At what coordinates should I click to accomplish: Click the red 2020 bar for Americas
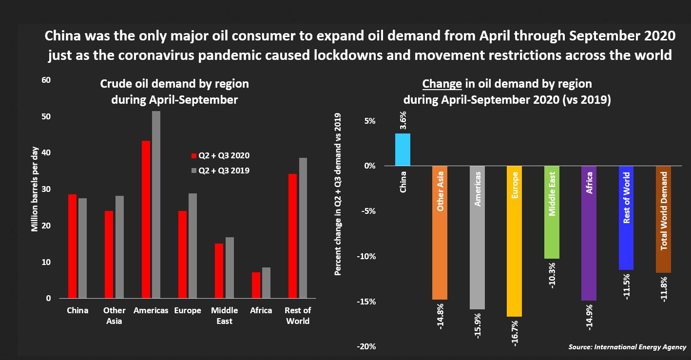(x=146, y=219)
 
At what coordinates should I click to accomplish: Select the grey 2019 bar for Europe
(x=192, y=246)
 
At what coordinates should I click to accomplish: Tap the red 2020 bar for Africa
(x=256, y=285)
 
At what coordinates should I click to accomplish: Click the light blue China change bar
(x=403, y=150)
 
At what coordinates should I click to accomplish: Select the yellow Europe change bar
(x=514, y=241)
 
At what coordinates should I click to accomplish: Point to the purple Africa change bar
(x=589, y=233)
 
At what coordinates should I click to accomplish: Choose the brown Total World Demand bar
(x=664, y=219)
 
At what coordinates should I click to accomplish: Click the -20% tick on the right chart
(x=366, y=347)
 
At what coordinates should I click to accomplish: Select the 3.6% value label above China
(x=403, y=120)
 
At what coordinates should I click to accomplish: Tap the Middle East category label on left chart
(x=224, y=316)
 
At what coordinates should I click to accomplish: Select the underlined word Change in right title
(x=442, y=84)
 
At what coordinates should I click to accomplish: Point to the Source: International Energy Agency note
(x=627, y=347)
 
